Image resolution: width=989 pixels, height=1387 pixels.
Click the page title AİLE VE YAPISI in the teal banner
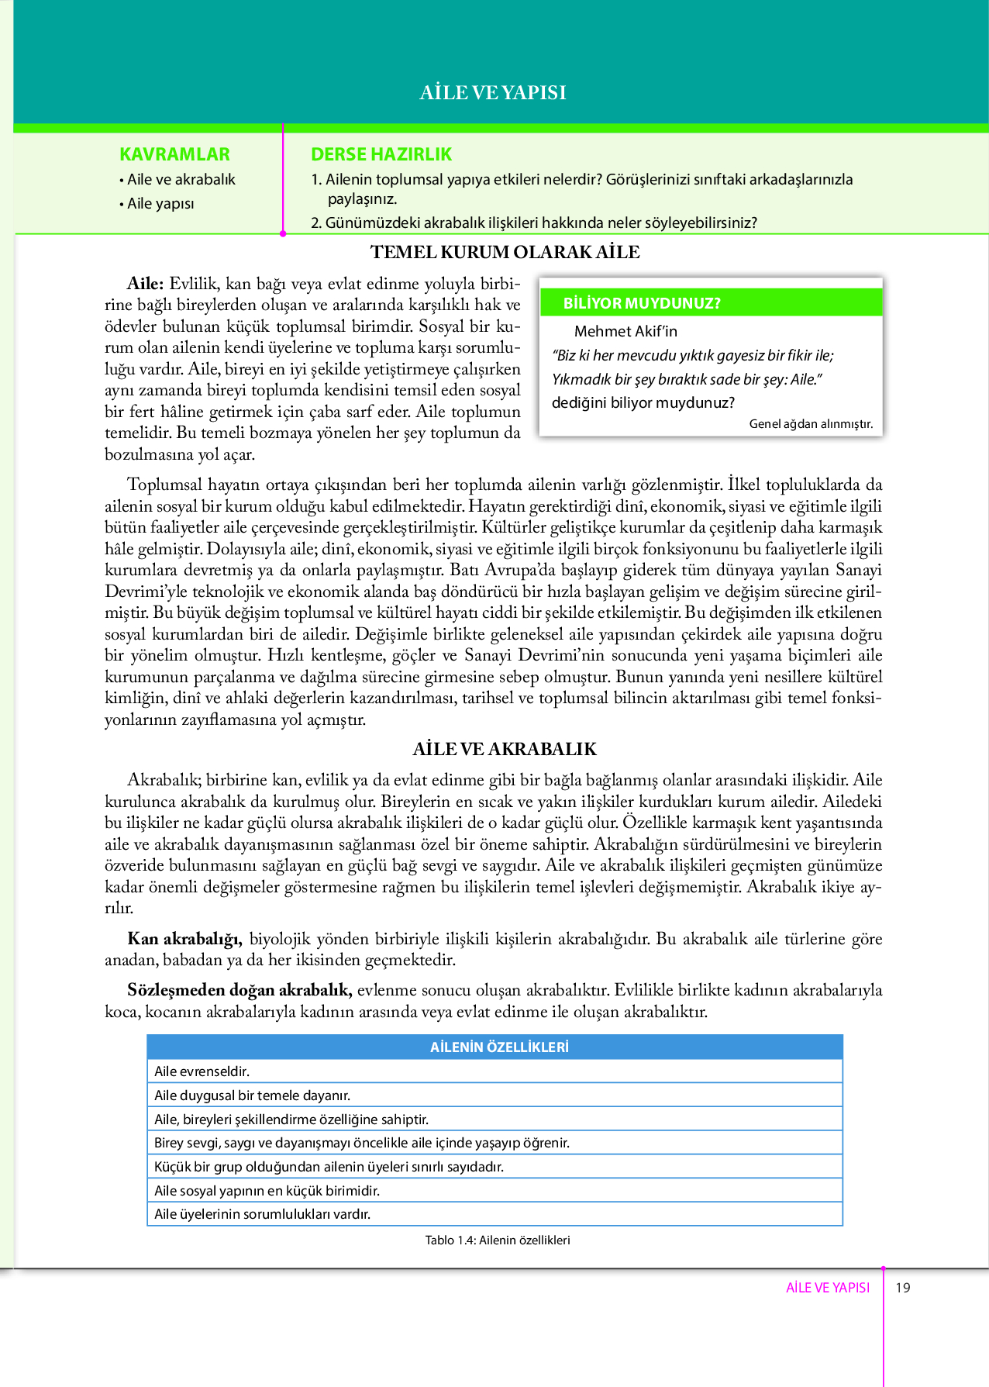pyautogui.click(x=493, y=93)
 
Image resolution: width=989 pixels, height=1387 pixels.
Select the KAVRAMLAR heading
pyautogui.click(x=174, y=154)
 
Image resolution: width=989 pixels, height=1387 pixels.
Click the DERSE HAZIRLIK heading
pyautogui.click(x=381, y=154)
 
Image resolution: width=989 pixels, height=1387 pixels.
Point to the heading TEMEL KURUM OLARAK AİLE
pyautogui.click(x=505, y=252)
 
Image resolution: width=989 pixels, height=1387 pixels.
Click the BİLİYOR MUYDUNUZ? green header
pyautogui.click(x=642, y=303)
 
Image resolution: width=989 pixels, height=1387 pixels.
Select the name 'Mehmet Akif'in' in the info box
pyautogui.click(x=625, y=331)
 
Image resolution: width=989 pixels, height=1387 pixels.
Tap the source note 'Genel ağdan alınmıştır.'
pyautogui.click(x=811, y=423)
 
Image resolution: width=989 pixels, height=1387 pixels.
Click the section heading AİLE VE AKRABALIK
pyautogui.click(x=505, y=749)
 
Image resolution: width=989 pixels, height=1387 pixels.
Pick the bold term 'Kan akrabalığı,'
pyautogui.click(x=184, y=939)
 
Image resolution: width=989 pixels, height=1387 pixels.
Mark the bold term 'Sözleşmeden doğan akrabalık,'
pyautogui.click(x=239, y=990)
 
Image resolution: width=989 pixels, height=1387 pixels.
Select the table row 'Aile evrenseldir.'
pyautogui.click(x=202, y=1071)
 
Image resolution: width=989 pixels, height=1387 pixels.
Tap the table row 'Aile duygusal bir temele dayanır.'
pyautogui.click(x=252, y=1095)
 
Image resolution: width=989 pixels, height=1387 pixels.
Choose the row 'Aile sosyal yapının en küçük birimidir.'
pyautogui.click(x=267, y=1190)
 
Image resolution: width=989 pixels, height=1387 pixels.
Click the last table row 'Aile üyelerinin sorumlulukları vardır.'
pyautogui.click(x=262, y=1214)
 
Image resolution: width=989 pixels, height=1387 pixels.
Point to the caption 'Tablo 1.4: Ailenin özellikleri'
pyautogui.click(x=498, y=1240)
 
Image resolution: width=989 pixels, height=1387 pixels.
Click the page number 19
pyautogui.click(x=903, y=1288)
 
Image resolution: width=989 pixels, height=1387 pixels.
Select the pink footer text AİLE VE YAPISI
pyautogui.click(x=828, y=1288)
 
